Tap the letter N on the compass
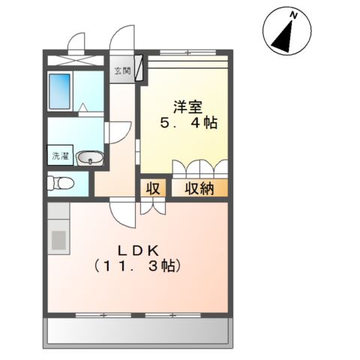295,15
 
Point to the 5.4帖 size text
188,123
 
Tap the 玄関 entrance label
121,72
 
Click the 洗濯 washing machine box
58,157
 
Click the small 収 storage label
152,188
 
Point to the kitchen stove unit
58,241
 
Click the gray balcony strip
140,330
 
